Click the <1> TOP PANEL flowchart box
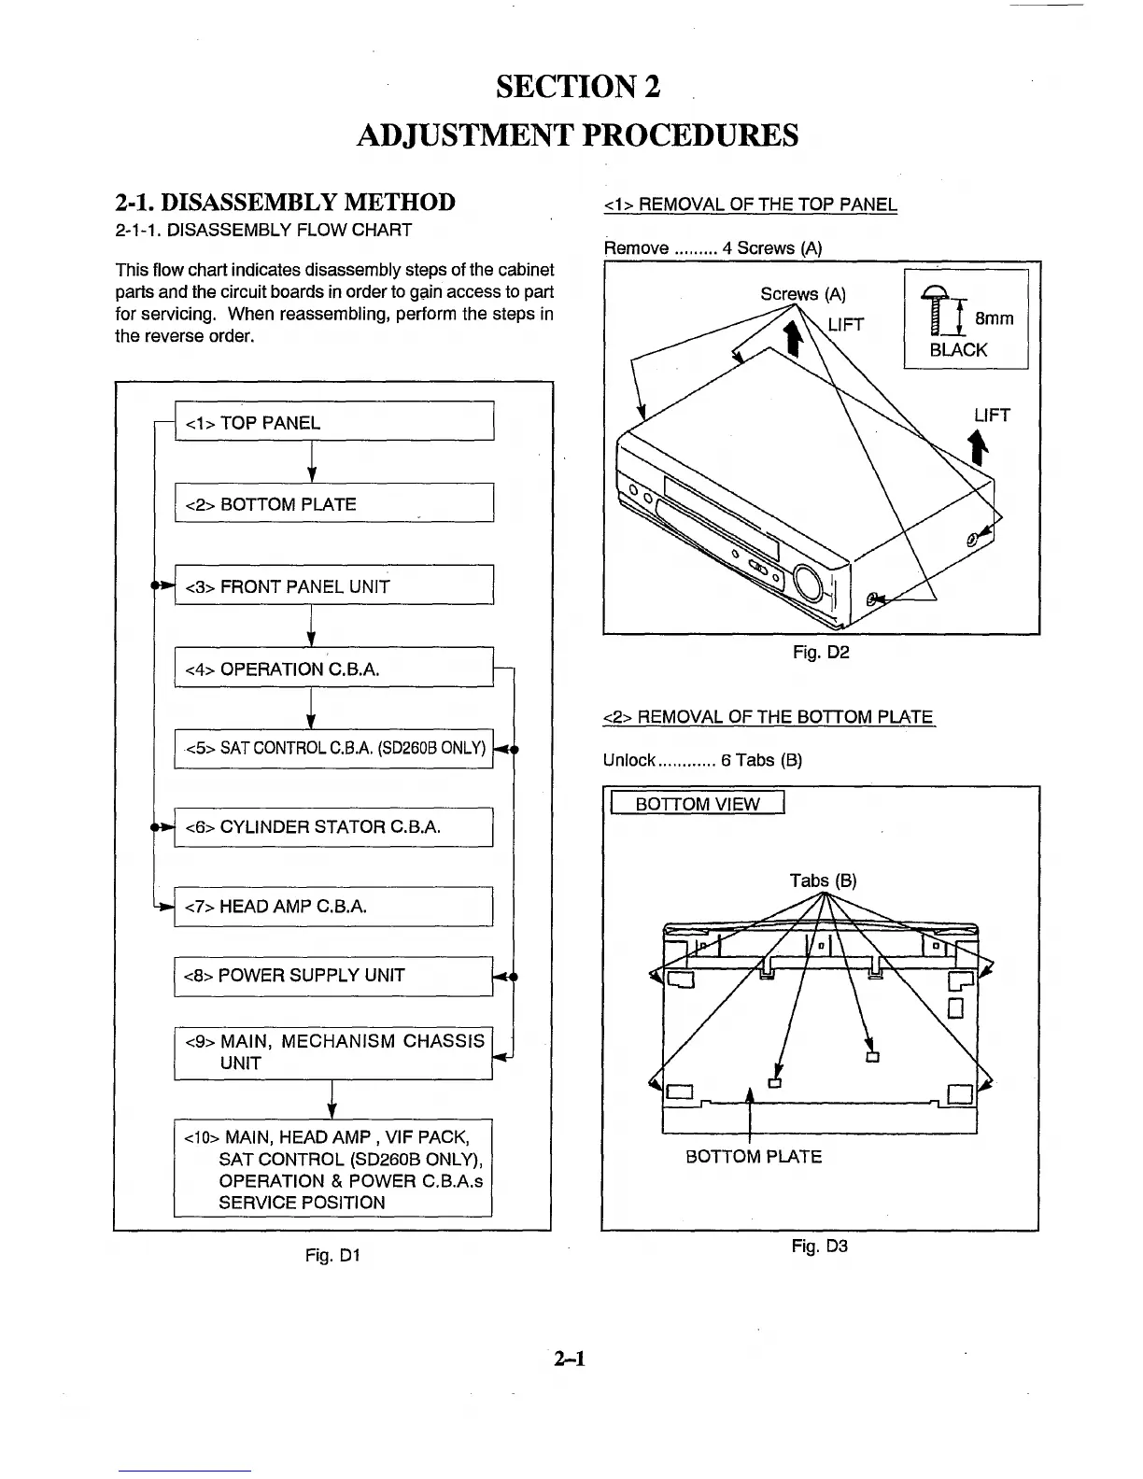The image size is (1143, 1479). [333, 422]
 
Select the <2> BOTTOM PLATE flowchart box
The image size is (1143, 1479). [333, 503]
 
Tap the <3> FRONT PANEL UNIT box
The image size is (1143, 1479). [333, 585]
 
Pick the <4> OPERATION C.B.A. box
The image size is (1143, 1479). [333, 668]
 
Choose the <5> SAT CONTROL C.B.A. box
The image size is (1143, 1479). [333, 748]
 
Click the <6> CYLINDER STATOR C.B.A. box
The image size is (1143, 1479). [333, 826]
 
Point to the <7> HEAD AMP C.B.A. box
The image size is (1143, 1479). [333, 906]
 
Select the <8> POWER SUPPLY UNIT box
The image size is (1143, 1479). [333, 976]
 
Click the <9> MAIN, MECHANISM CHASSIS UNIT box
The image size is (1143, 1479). [333, 1052]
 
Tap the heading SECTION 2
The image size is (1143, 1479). [578, 87]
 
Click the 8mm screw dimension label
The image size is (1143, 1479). [994, 318]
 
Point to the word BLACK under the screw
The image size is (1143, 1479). [958, 350]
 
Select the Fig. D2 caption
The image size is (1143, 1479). [821, 653]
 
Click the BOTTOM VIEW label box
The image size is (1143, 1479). [697, 804]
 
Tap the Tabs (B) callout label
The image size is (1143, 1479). [823, 880]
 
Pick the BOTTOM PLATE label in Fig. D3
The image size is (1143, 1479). [754, 1157]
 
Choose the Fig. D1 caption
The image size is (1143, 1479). [332, 1256]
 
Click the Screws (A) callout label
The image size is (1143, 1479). [802, 294]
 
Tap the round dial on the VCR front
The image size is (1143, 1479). [809, 584]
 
